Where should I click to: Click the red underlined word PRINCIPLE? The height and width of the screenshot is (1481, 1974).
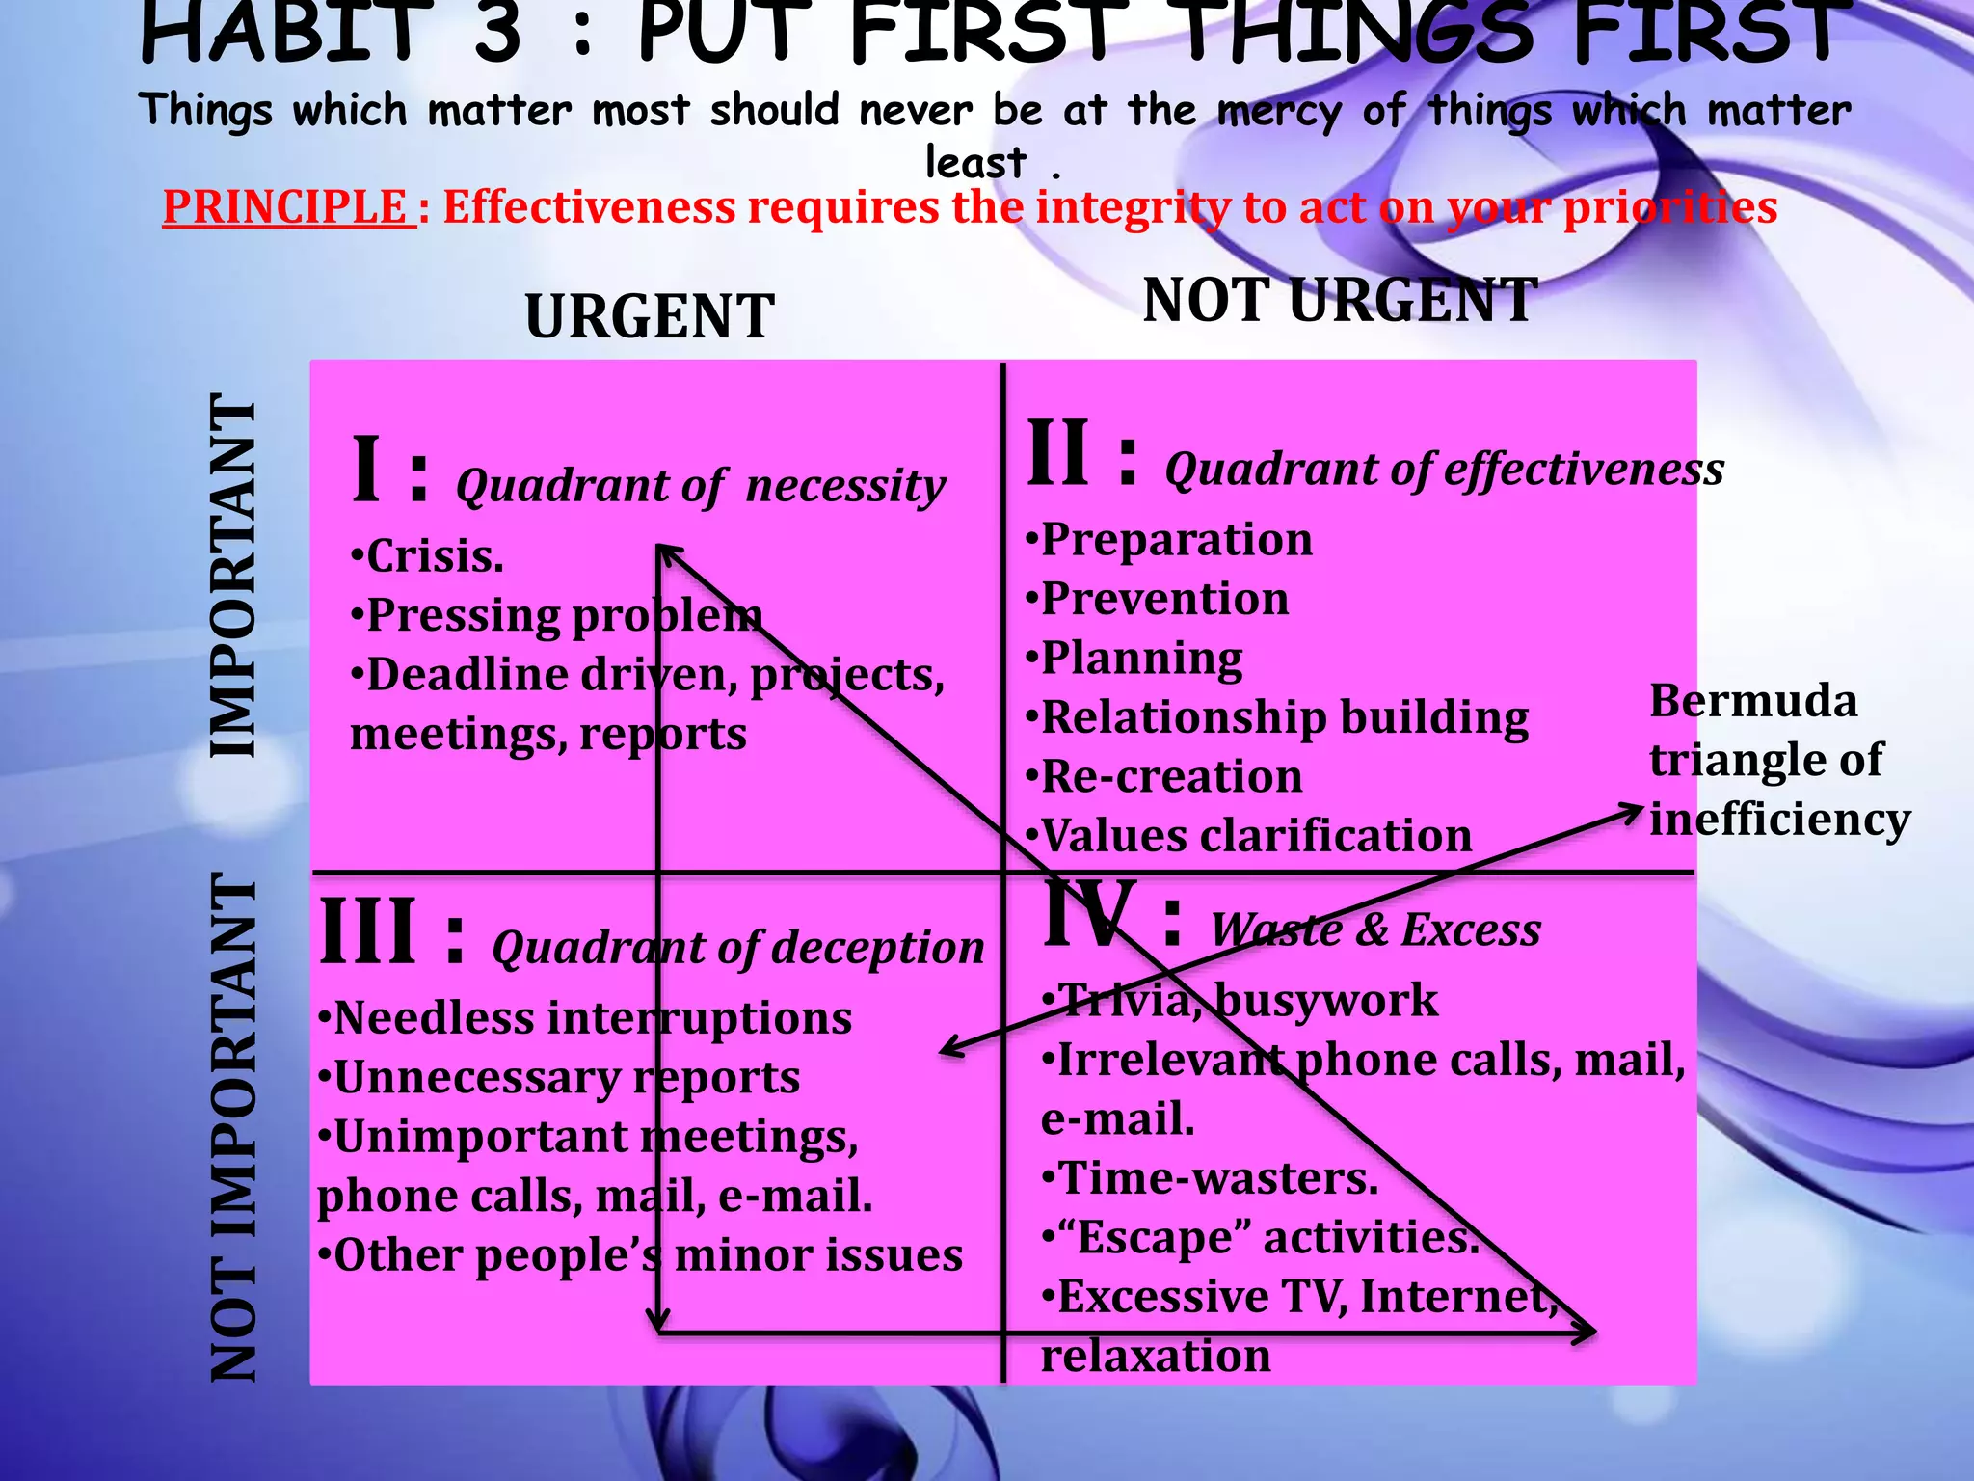point(286,206)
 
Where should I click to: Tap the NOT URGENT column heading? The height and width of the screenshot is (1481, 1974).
point(1340,300)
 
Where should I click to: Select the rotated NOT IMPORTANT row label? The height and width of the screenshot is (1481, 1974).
point(234,1128)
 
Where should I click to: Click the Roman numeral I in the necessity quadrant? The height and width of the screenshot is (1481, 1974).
point(366,471)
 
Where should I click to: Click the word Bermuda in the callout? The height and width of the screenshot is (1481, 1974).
point(1753,701)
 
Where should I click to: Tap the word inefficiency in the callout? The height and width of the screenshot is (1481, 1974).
point(1779,820)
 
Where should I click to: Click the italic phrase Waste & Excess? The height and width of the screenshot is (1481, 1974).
point(1375,929)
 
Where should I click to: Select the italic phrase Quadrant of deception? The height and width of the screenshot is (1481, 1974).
point(738,948)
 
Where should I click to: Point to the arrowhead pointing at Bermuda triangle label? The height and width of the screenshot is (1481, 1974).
point(1633,811)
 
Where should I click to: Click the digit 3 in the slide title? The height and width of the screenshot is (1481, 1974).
point(497,34)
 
